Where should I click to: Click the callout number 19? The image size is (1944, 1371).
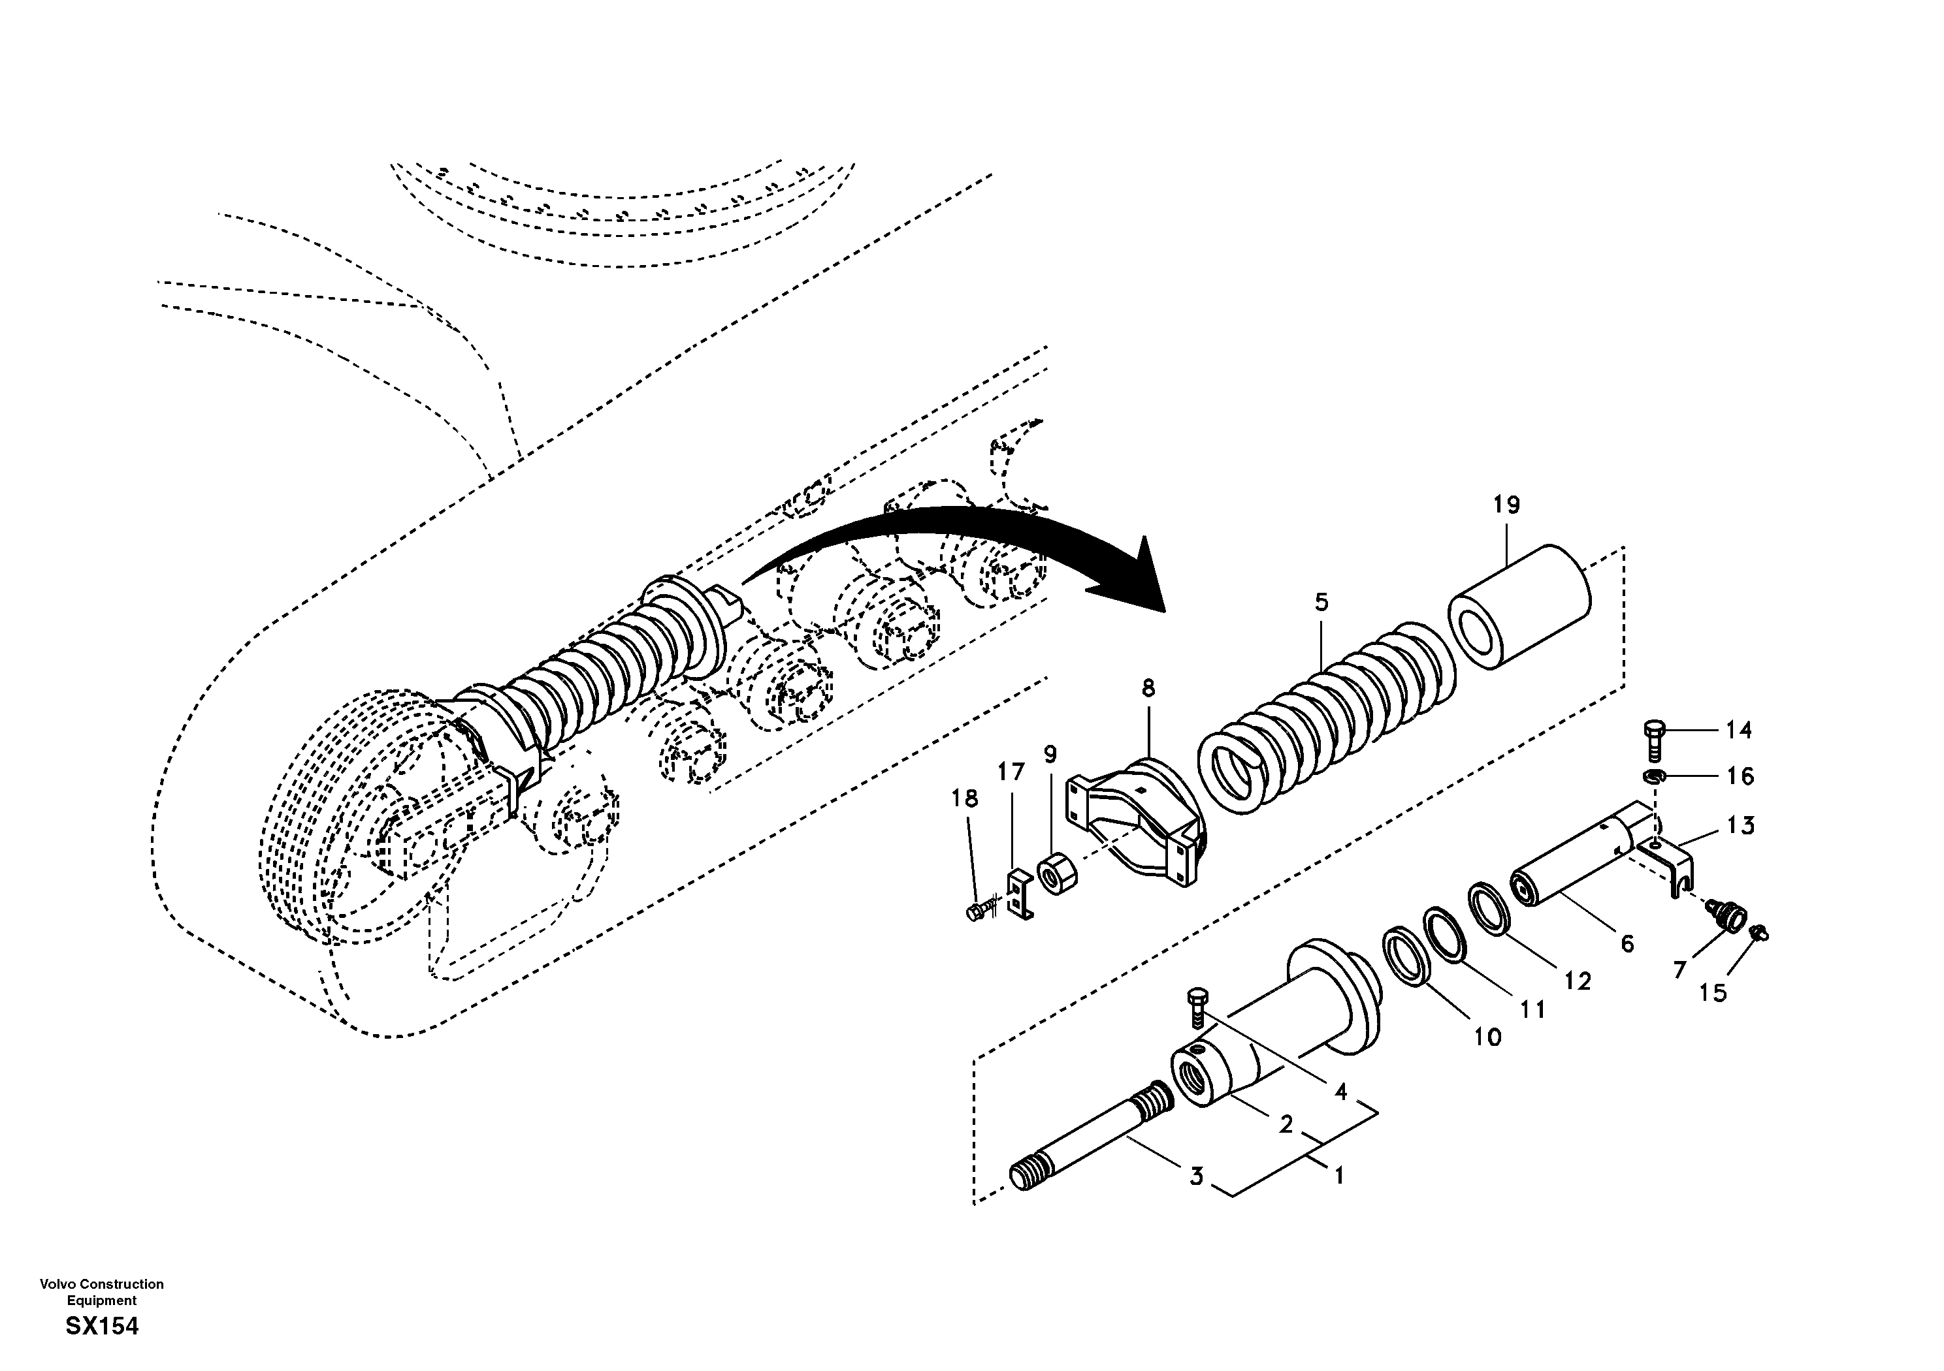1506,505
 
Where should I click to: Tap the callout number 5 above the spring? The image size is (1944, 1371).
1321,603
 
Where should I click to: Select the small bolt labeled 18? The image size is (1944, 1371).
975,911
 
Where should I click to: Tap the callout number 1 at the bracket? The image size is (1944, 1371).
1338,1176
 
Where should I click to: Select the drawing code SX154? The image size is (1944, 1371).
102,1326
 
